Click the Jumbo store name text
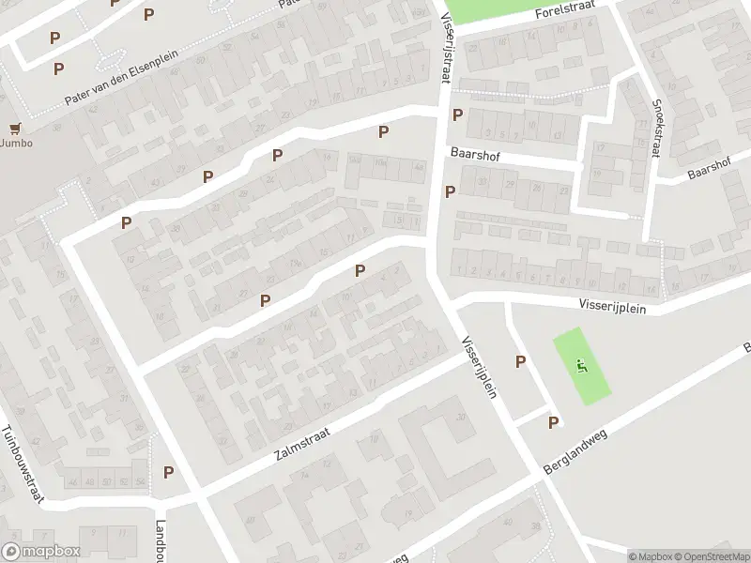(x=16, y=144)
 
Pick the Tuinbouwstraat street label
(x=23, y=464)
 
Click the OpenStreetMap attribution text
(x=710, y=556)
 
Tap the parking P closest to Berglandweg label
(x=553, y=423)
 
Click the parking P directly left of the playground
(x=520, y=361)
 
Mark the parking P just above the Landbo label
(x=169, y=472)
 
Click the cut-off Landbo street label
(x=161, y=540)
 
